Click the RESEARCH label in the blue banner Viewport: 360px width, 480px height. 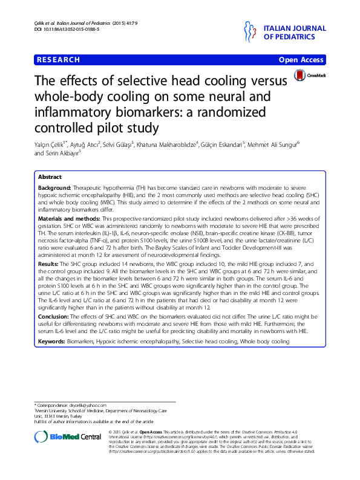[x=59, y=60]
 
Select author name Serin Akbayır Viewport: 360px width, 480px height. [x=64, y=154]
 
